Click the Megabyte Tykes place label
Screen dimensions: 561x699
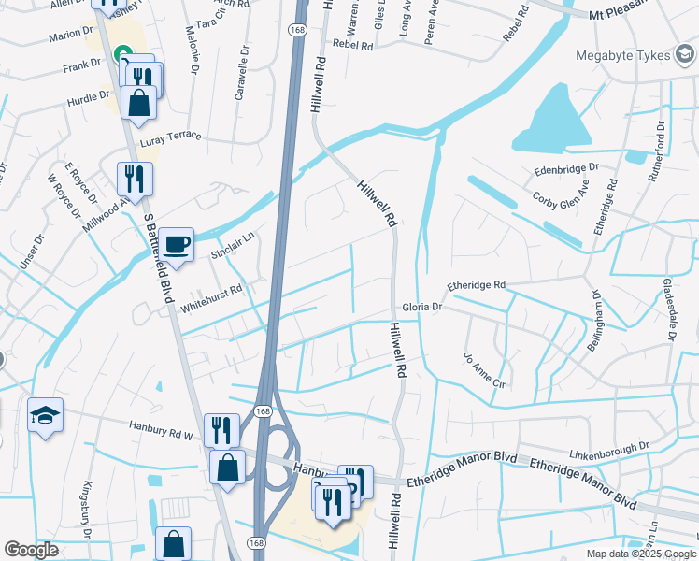(623, 55)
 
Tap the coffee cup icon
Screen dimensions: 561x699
(176, 245)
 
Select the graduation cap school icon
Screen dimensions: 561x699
(45, 415)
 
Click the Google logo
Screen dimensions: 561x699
(32, 550)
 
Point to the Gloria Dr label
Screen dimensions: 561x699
(421, 306)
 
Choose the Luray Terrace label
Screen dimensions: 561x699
(171, 137)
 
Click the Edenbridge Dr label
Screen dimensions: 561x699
(566, 169)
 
